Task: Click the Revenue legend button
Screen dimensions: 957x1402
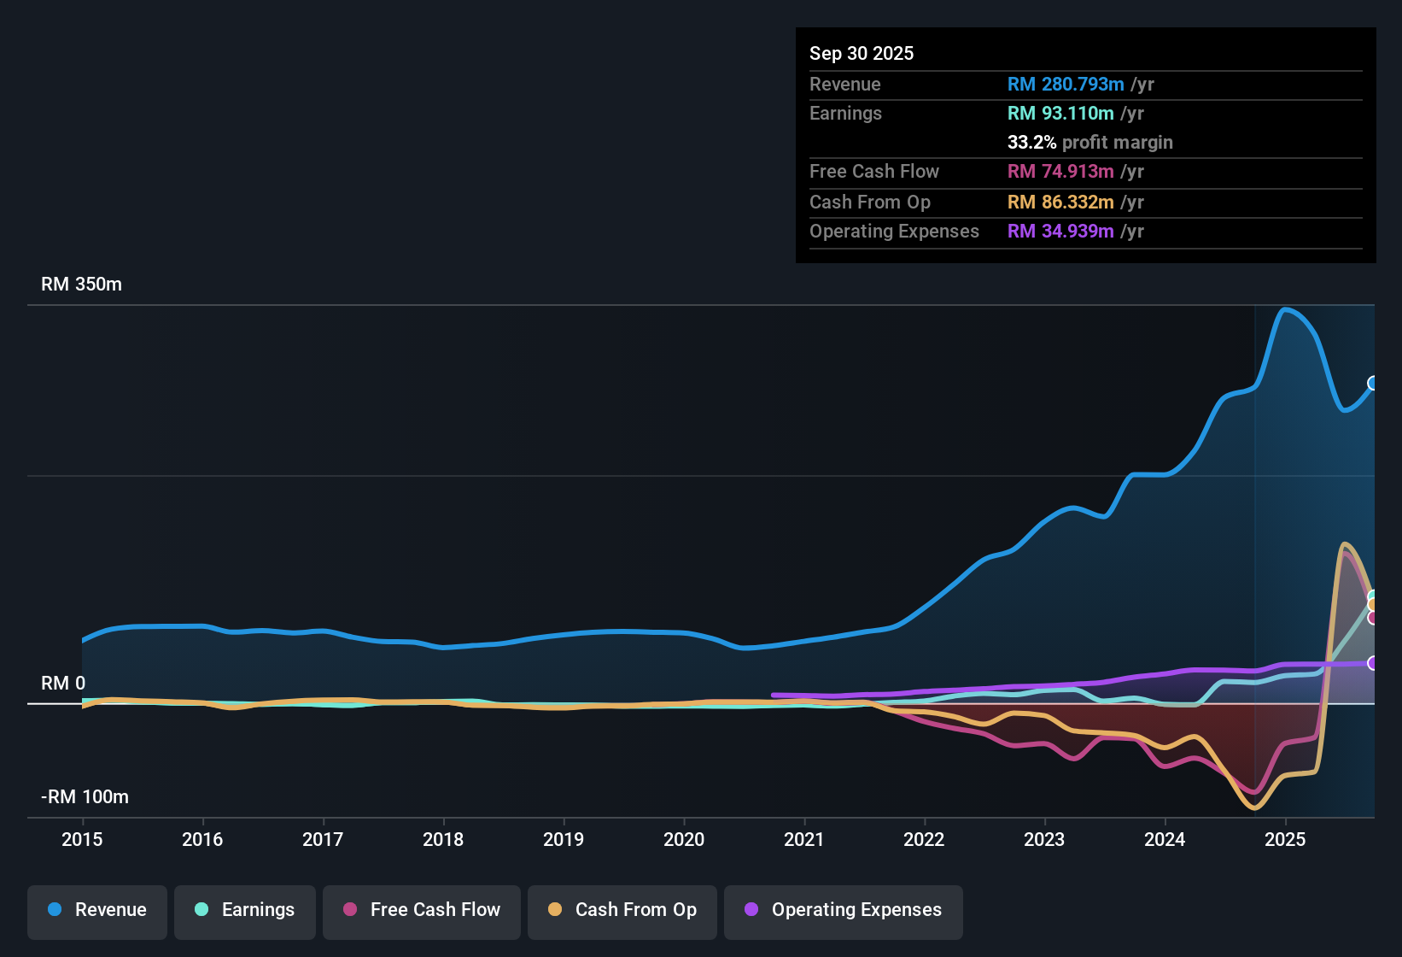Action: [97, 910]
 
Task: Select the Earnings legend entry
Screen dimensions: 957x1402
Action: [245, 910]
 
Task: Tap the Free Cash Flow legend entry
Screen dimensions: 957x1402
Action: [422, 910]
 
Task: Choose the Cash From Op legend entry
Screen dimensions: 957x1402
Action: [622, 910]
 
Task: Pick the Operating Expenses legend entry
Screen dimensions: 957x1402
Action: [844, 910]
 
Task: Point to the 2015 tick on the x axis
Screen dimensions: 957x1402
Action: [82, 839]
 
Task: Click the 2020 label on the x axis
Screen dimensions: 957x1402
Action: [684, 839]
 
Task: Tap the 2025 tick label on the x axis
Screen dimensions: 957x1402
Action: [1285, 839]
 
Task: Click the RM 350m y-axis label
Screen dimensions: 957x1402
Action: [81, 285]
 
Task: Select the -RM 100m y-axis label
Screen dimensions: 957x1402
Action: [85, 797]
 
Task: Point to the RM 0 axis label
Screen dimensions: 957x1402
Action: [63, 684]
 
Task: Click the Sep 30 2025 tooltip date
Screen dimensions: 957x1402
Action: [862, 54]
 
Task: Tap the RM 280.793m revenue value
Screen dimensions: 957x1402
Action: [1066, 85]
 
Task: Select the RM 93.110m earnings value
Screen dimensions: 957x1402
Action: [1060, 114]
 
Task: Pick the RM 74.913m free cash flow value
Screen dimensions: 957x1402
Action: [1060, 172]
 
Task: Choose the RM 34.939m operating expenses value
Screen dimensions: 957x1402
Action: [1060, 232]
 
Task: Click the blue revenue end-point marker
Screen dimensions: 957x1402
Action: [1373, 383]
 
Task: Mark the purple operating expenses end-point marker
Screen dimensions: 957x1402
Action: [1373, 663]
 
